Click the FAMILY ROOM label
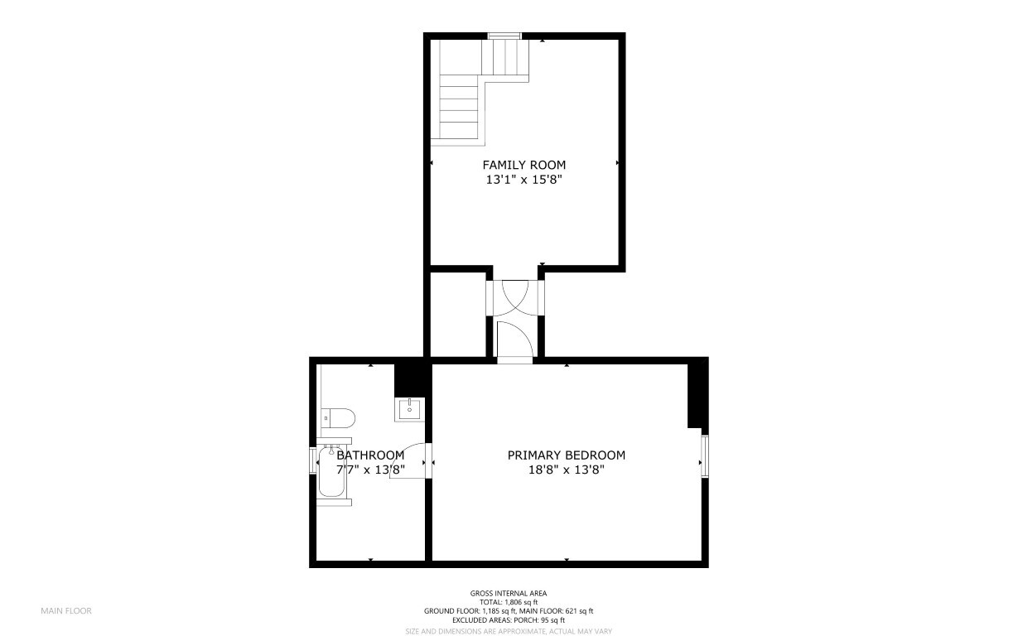(524, 165)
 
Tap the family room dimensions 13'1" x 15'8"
(524, 180)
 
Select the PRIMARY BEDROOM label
(567, 455)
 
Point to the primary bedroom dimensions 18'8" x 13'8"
(567, 470)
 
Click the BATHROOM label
(370, 455)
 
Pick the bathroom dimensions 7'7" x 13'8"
(370, 470)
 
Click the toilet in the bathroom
(338, 418)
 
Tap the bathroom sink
(409, 409)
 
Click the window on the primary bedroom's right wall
(705, 455)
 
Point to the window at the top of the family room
(504, 36)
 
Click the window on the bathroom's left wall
(312, 460)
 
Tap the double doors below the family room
(515, 298)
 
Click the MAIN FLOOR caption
(66, 611)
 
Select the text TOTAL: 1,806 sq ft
(509, 602)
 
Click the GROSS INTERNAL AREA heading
(509, 593)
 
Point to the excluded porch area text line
(509, 620)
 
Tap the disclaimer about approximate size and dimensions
(509, 632)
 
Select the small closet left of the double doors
(458, 315)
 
